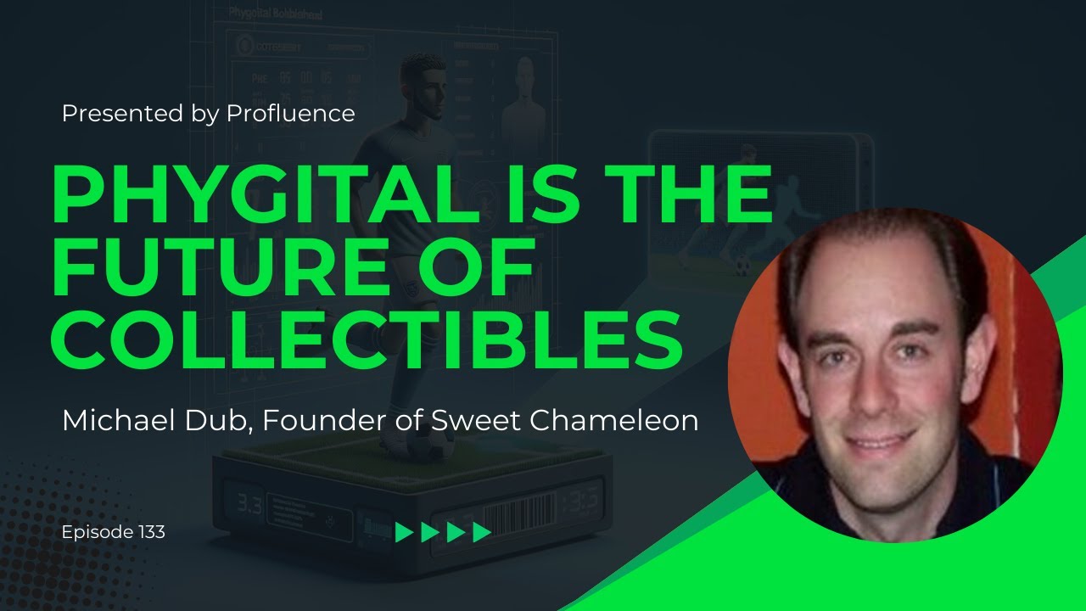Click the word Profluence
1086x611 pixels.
coord(291,114)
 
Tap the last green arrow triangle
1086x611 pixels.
coord(482,532)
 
